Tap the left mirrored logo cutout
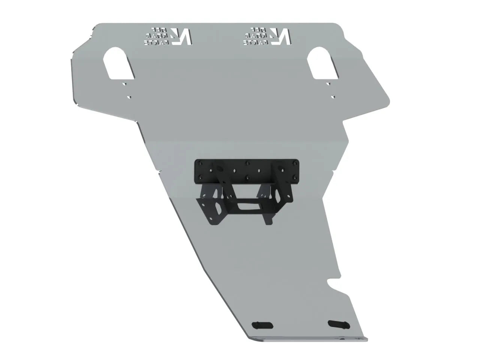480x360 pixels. click(x=168, y=36)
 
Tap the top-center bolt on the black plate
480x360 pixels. click(x=247, y=163)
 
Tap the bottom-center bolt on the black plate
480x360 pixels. click(x=247, y=176)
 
